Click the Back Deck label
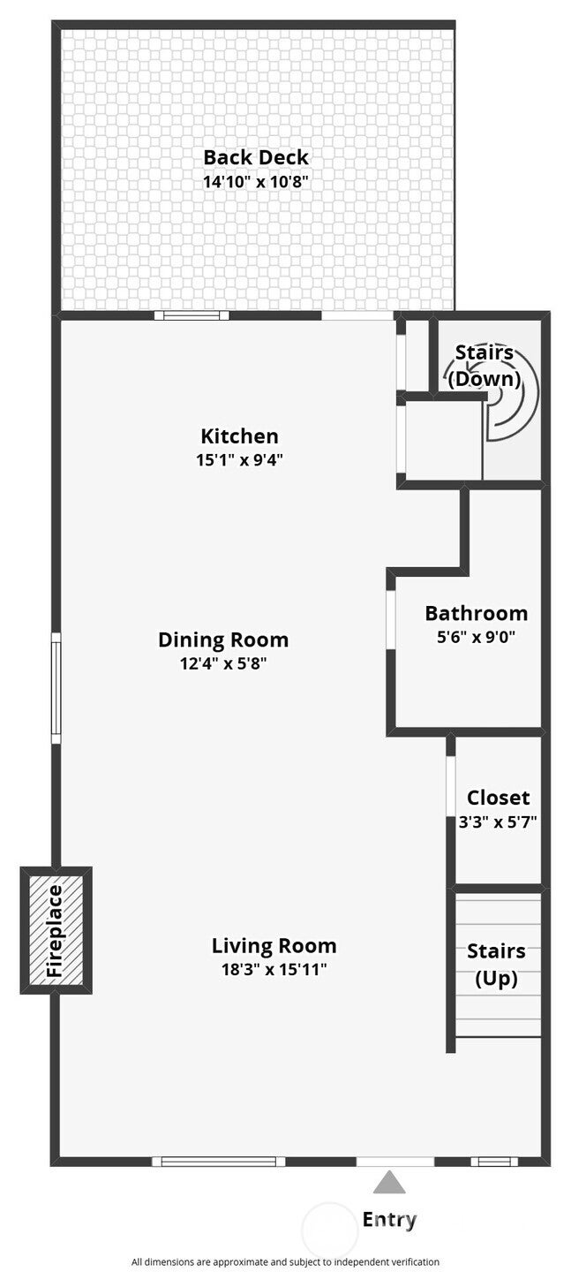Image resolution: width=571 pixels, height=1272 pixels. click(256, 157)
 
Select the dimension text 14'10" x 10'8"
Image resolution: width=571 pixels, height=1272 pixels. click(256, 182)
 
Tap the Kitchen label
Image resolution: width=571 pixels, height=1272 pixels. click(239, 436)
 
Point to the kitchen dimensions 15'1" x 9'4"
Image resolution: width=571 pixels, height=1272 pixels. click(239, 459)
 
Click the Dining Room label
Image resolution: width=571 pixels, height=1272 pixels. click(223, 640)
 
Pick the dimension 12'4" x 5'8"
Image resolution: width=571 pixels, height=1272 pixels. click(223, 663)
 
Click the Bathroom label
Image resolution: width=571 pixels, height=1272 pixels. click(477, 613)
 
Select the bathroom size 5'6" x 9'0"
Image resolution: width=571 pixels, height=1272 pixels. click(477, 637)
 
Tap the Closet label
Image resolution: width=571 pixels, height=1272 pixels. click(499, 798)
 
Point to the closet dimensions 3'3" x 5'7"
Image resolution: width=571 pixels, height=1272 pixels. click(498, 821)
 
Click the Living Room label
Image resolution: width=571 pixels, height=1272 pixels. click(274, 946)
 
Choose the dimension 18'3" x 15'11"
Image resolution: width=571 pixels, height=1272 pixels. click(274, 969)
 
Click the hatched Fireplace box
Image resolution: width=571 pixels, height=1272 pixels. click(56, 931)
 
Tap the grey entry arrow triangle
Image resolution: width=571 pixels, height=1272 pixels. click(389, 1182)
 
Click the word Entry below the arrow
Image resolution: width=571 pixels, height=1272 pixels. click(389, 1219)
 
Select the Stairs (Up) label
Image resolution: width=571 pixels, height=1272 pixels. click(497, 965)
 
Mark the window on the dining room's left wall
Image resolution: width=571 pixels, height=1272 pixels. click(56, 688)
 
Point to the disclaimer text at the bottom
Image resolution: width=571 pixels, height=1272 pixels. click(286, 1261)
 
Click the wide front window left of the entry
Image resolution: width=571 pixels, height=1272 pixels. click(219, 1162)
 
